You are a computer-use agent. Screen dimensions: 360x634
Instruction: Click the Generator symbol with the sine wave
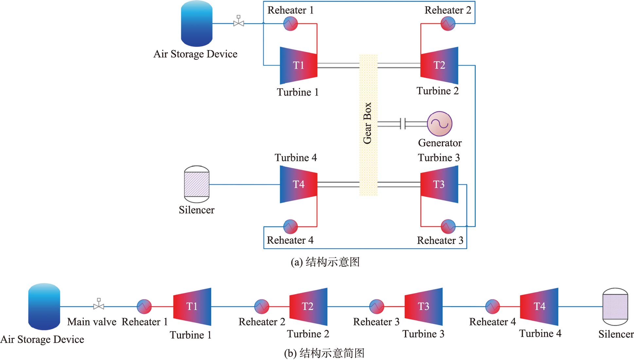440,124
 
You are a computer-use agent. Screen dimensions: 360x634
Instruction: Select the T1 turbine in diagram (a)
298,65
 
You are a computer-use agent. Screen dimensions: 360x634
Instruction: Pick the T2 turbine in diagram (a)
439,65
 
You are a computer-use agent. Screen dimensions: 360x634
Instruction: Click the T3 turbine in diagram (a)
439,184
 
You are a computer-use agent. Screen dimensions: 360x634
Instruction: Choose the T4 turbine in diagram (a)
298,184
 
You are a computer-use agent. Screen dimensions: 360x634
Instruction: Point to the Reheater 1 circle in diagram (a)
291,24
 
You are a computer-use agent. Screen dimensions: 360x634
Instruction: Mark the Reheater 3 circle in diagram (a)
448,226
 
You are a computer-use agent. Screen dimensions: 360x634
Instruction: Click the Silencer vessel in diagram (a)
197,184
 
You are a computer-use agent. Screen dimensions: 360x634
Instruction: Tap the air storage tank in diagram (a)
197,24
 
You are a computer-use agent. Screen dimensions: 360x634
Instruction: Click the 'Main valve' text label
92,322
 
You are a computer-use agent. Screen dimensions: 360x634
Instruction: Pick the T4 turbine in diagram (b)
539,307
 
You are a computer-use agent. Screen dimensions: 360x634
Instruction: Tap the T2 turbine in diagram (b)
308,307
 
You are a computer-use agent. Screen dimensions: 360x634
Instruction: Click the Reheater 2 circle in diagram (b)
261,307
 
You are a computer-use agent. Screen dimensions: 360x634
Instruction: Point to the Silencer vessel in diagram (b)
615,307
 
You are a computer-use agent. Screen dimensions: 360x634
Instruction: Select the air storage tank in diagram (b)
44,307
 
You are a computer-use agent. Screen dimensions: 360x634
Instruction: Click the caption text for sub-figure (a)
325,262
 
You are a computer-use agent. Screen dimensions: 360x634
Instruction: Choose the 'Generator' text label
440,143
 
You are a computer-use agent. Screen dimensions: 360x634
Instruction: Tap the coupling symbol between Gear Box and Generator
403,124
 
